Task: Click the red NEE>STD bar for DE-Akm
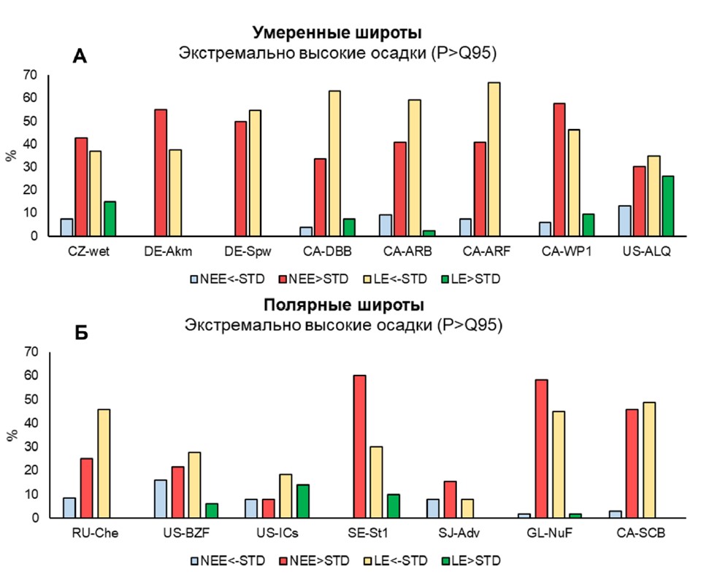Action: (x=160, y=173)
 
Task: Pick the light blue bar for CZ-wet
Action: (x=66, y=227)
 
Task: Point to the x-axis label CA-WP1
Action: (x=562, y=252)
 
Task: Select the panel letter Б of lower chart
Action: (x=81, y=333)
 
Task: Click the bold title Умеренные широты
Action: (x=337, y=34)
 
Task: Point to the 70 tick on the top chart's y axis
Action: (x=30, y=74)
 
